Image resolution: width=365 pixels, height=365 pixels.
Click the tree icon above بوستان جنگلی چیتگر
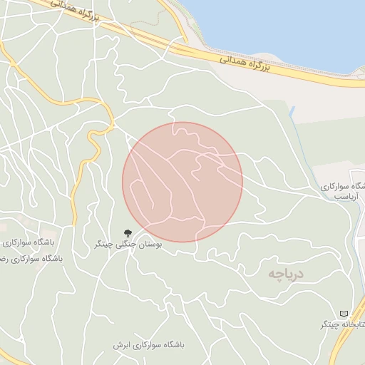point(128,232)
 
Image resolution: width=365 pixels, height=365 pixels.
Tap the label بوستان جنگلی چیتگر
point(128,244)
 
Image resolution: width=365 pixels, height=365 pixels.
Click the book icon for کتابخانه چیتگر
point(345,314)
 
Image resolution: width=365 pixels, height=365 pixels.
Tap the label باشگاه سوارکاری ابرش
point(148,344)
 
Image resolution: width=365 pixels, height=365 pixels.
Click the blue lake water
point(285,29)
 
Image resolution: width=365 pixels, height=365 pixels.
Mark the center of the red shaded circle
point(182,182)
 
